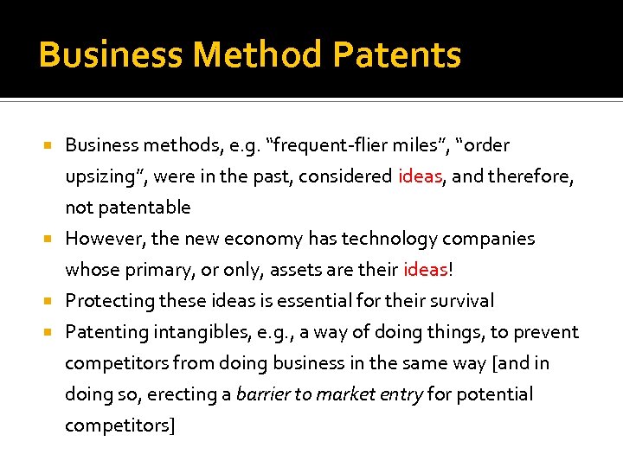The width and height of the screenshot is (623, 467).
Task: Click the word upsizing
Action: coord(102,177)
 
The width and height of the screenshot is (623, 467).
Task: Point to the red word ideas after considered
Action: coord(421,176)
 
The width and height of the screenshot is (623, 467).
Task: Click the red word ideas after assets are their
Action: coord(425,270)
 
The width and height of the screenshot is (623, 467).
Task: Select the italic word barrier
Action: coord(264,394)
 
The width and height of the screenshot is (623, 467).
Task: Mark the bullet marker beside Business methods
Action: coord(50,145)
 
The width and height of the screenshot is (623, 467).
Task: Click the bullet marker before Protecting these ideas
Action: coord(50,301)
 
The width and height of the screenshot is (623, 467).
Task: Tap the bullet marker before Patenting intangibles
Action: coord(50,332)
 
